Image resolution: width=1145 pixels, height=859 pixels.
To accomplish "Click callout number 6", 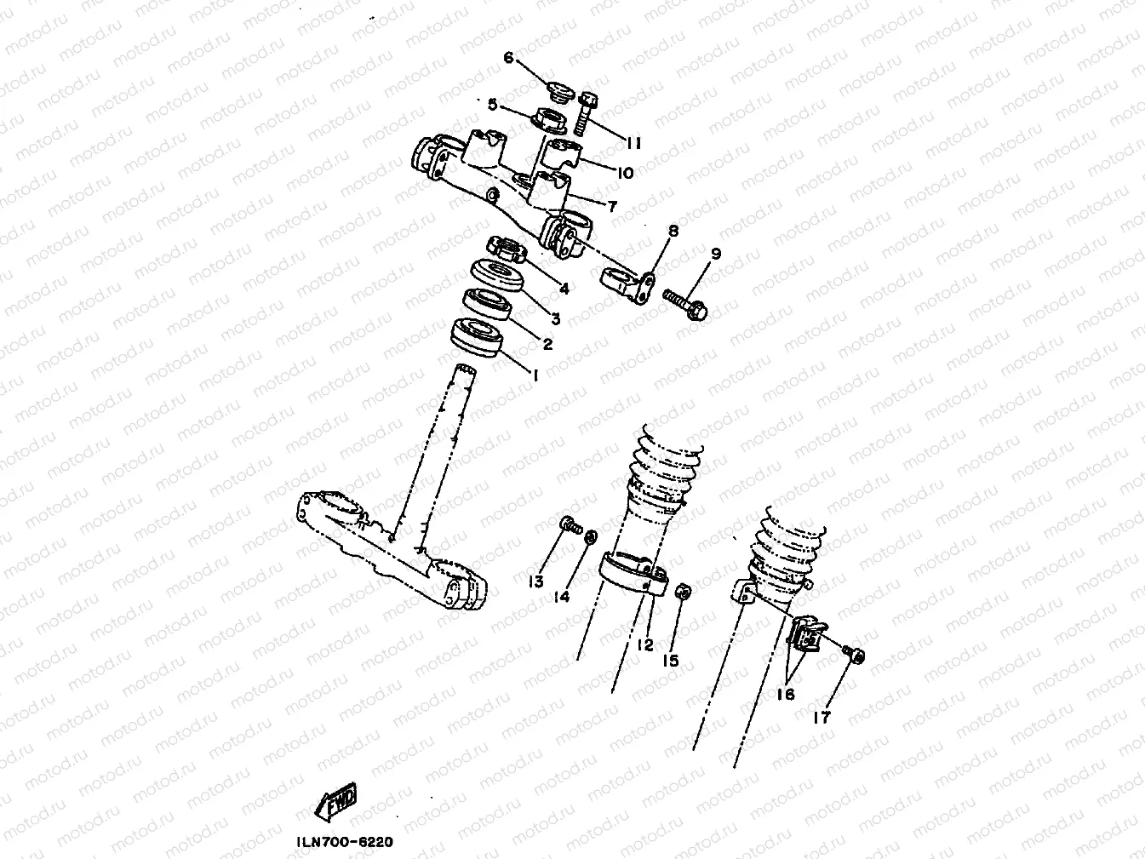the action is [509, 58].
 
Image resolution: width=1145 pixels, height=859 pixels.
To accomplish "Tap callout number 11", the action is [633, 143].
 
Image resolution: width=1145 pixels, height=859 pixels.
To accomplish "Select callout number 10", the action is [626, 173].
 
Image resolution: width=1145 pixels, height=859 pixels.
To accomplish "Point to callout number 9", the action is [716, 254].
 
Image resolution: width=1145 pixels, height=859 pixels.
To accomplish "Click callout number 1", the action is [535, 374].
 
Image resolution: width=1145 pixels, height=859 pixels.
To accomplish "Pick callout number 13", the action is [535, 581].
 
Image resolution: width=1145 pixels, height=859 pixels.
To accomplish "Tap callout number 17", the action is [822, 718].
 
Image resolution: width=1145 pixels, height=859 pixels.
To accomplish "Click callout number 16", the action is [785, 694].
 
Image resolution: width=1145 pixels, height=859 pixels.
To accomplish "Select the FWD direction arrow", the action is [338, 801].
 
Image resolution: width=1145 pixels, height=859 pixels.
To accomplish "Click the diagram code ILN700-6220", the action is [345, 842].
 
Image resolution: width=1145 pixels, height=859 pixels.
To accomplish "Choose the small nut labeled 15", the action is [682, 592].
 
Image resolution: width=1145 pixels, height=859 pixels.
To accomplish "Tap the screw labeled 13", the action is [568, 525].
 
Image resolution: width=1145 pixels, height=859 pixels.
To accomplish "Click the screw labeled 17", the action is [854, 653].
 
